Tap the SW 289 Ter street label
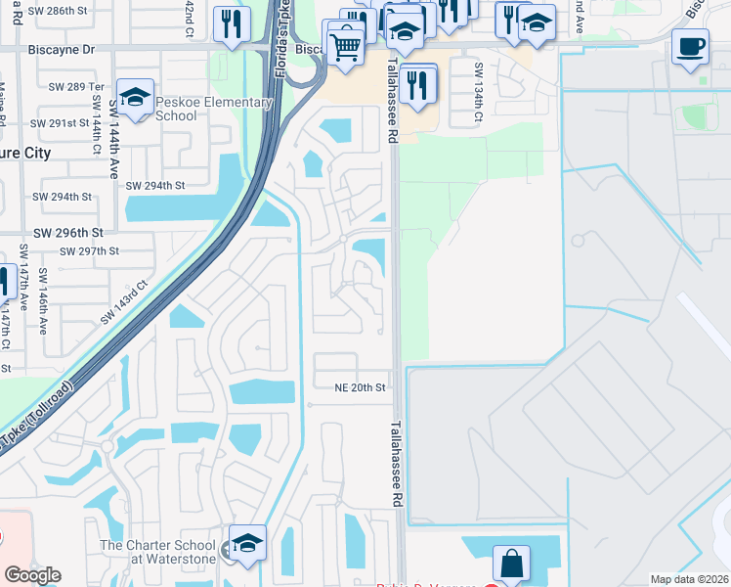76,86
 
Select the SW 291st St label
61,123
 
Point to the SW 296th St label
68,233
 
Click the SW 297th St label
89,251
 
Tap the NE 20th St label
362,387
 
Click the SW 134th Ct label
479,92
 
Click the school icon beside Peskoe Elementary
136,98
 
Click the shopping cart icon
344,42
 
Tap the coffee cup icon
691,46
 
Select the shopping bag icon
512,563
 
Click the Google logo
32,575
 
